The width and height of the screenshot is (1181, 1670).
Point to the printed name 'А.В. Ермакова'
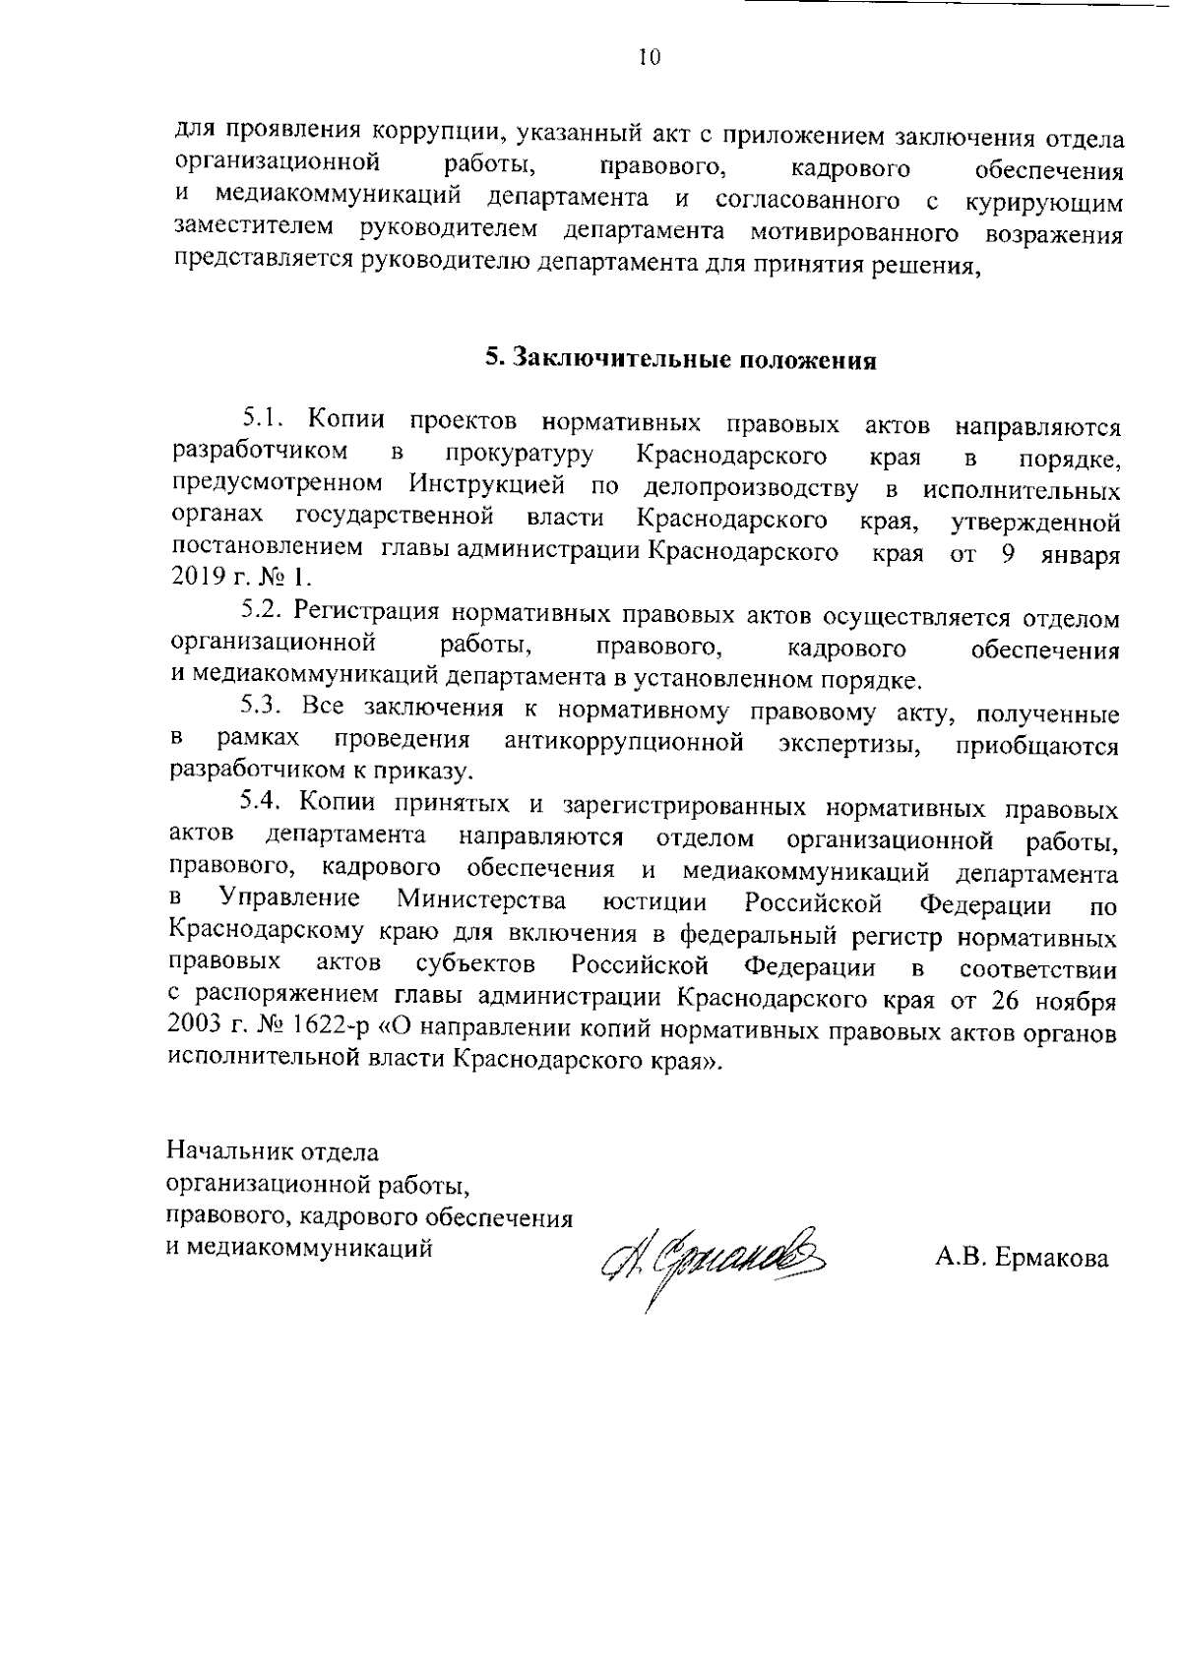pyautogui.click(x=1022, y=1258)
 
